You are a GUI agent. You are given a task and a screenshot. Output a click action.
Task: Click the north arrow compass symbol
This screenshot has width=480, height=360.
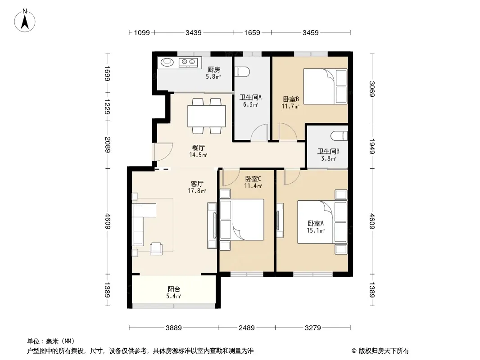tap(25, 20)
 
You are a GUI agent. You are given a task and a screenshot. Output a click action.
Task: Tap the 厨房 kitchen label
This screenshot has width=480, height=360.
tap(214, 70)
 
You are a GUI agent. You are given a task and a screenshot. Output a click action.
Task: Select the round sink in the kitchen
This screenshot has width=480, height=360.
tap(167, 62)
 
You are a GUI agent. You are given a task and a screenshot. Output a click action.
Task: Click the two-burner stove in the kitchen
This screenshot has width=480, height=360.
tap(188, 63)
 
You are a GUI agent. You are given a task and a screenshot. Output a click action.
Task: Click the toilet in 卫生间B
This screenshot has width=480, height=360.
tap(340, 136)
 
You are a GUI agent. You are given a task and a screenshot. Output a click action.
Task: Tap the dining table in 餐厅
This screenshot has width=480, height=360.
tap(207, 116)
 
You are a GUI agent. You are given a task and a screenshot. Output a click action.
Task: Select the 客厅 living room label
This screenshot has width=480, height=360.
tap(197, 184)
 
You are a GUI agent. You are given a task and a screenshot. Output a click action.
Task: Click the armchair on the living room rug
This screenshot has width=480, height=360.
tap(156, 248)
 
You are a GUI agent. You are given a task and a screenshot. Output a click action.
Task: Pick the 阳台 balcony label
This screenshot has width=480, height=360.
tap(174, 289)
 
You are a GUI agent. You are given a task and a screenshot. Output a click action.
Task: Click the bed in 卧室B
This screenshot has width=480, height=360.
tap(325, 86)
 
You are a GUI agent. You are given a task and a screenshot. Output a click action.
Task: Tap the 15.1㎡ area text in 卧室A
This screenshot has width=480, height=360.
tap(316, 230)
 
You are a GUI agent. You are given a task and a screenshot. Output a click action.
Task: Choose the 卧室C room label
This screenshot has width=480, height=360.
tap(253, 179)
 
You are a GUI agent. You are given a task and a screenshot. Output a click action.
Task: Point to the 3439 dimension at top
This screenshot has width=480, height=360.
tap(194, 32)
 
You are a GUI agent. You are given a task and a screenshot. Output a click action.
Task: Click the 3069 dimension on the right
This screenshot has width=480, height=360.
tap(372, 89)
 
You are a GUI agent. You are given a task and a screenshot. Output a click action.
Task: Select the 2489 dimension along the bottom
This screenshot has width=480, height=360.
tap(246, 328)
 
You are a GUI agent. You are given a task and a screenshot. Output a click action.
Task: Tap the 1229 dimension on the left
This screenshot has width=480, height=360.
tap(107, 107)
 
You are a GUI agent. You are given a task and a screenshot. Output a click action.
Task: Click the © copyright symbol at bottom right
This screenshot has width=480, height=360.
tap(354, 351)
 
